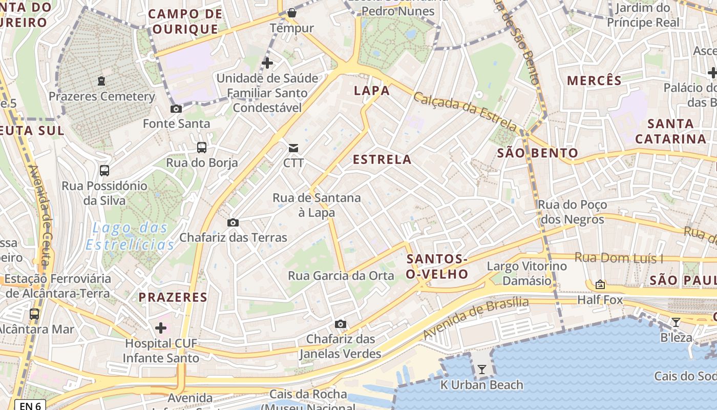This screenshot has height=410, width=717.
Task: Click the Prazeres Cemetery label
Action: pyautogui.click(x=101, y=96)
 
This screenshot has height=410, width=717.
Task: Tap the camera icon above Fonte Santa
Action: pyautogui.click(x=176, y=109)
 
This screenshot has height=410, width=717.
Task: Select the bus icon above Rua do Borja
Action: pyautogui.click(x=202, y=148)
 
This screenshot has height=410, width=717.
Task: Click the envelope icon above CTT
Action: pyautogui.click(x=293, y=148)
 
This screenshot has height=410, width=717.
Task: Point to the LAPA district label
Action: pyautogui.click(x=372, y=91)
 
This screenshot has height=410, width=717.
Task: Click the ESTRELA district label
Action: pyautogui.click(x=382, y=159)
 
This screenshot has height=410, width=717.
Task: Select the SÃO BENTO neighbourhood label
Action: pyautogui.click(x=538, y=153)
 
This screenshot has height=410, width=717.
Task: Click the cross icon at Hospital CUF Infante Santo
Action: pyautogui.click(x=161, y=327)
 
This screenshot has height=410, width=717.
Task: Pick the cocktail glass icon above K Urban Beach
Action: pyautogui.click(x=481, y=369)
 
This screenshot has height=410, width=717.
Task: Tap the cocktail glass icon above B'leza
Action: pyautogui.click(x=676, y=322)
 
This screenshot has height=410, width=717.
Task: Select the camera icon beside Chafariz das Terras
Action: pyautogui.click(x=233, y=222)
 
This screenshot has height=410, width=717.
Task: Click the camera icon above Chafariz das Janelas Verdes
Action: pyautogui.click(x=340, y=324)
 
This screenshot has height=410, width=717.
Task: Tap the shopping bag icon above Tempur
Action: pyautogui.click(x=291, y=13)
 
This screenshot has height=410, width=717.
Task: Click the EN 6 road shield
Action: pyautogui.click(x=30, y=405)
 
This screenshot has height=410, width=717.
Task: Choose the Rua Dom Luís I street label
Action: pyautogui.click(x=619, y=258)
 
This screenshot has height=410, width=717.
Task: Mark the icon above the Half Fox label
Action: pyautogui.click(x=600, y=284)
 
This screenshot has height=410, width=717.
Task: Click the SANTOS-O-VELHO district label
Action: pyautogui.click(x=437, y=266)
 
